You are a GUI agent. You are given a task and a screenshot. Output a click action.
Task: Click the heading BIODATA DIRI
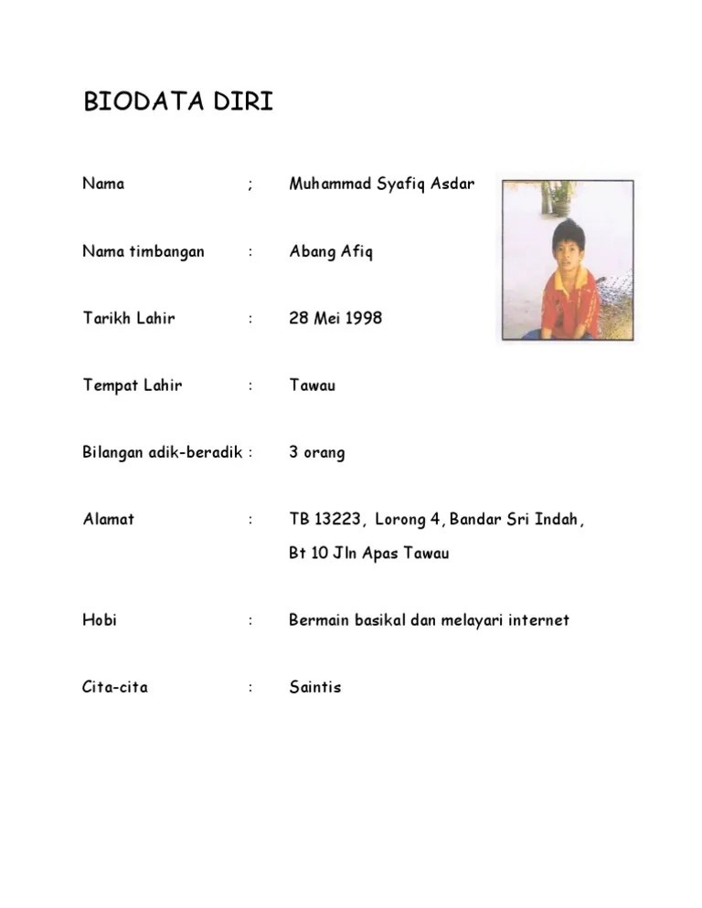tap(178, 102)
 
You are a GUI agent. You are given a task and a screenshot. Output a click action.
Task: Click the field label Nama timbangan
tap(143, 251)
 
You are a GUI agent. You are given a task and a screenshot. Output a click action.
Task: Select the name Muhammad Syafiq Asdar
tap(381, 185)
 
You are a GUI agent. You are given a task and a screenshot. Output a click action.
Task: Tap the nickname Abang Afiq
tap(331, 252)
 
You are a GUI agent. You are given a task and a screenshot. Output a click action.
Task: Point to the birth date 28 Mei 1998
tap(335, 319)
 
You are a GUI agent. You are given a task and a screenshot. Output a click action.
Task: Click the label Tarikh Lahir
tap(128, 319)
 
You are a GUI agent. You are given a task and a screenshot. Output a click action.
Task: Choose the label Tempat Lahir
tap(132, 385)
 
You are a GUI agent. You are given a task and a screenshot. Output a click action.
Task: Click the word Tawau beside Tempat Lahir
tap(313, 385)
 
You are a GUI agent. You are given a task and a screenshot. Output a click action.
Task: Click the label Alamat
tap(108, 519)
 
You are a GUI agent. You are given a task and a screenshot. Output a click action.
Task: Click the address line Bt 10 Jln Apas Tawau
tap(368, 554)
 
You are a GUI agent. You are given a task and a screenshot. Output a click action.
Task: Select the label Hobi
tap(100, 620)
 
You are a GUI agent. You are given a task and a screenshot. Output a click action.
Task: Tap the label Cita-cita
tap(114, 687)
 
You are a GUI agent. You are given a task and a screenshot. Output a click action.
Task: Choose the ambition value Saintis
tap(314, 687)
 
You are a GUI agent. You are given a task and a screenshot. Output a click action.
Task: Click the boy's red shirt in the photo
tap(569, 302)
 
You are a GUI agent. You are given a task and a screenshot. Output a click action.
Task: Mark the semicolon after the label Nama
tap(250, 185)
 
